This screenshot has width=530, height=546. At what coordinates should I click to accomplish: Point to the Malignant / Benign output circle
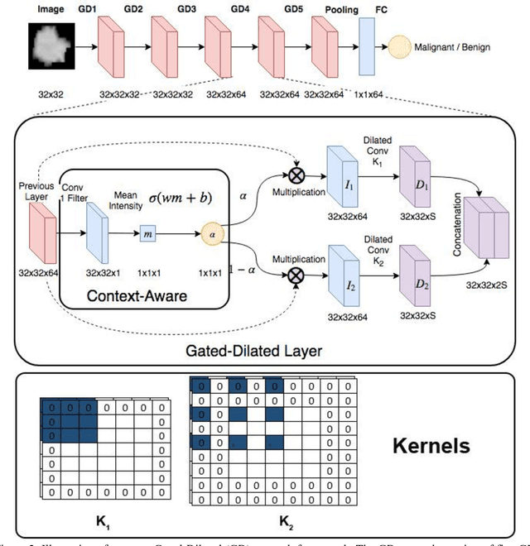click(x=400, y=46)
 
